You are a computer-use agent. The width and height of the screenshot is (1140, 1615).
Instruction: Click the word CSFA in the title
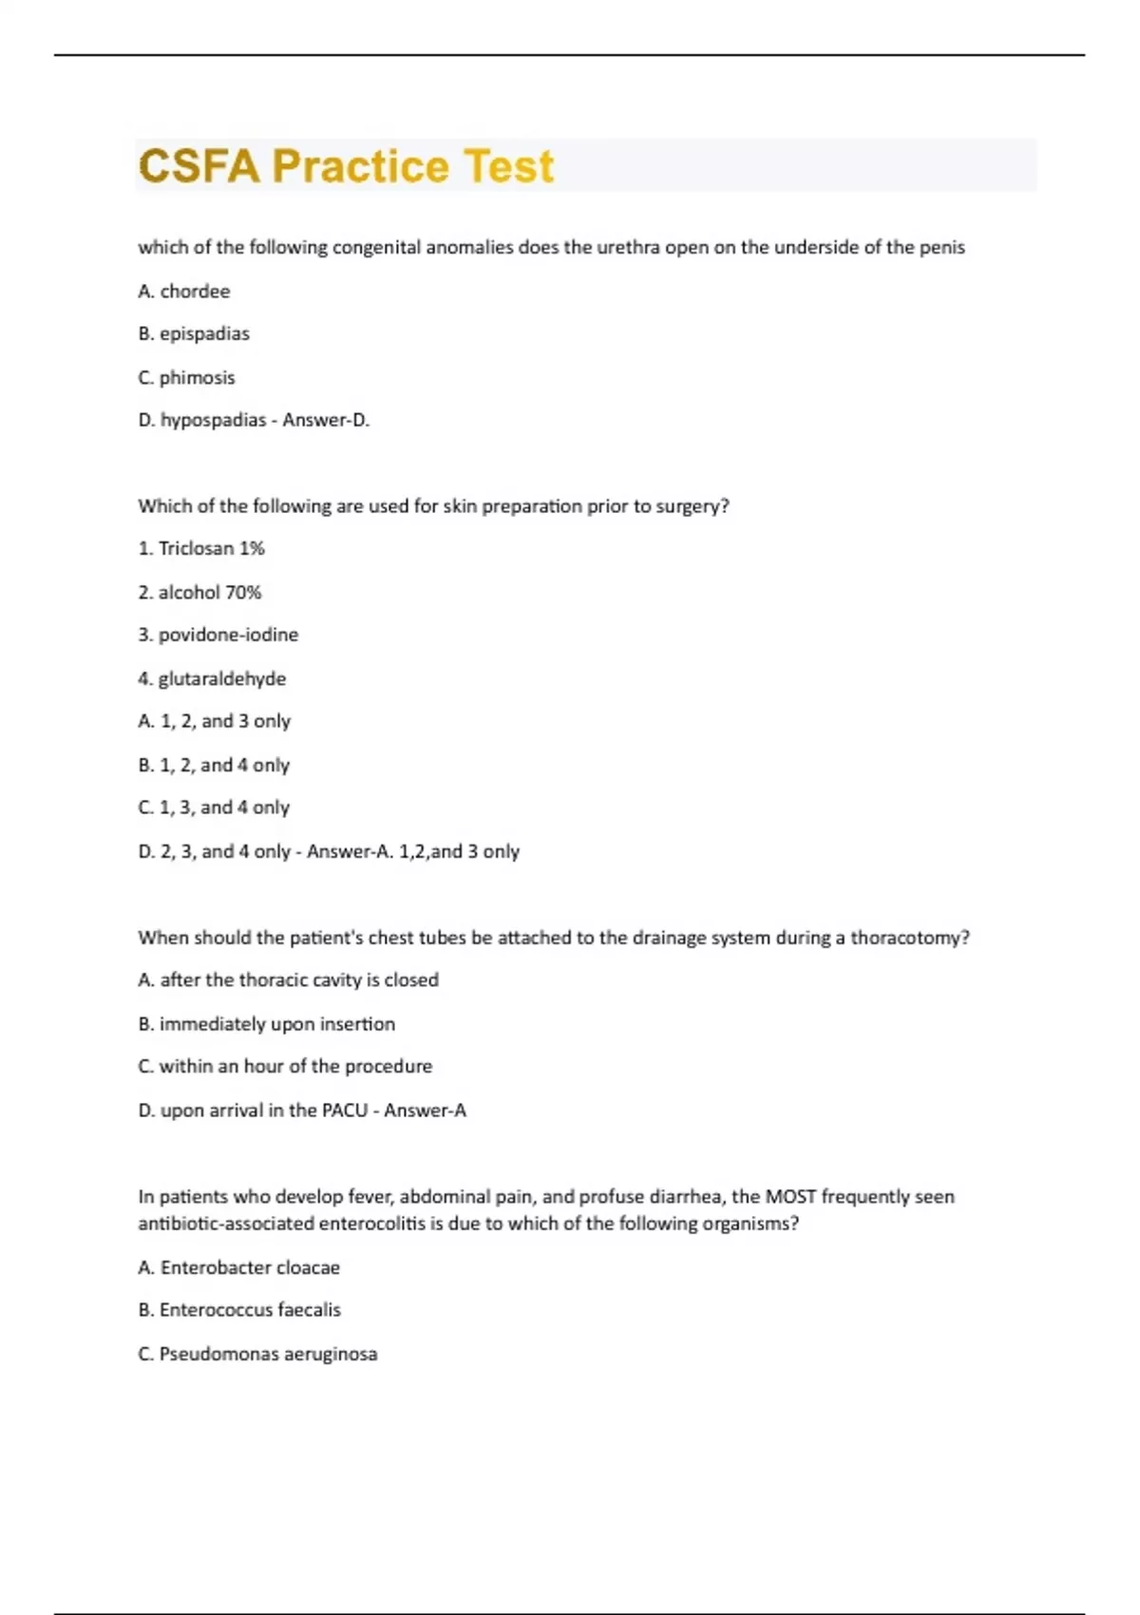coord(199,166)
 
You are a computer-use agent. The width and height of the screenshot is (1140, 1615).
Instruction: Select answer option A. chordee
coord(184,292)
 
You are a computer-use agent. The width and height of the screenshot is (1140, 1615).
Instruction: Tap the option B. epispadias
coord(194,334)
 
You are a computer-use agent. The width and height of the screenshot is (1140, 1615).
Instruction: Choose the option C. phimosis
coord(186,378)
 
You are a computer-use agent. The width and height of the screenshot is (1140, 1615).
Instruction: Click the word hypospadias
coord(213,421)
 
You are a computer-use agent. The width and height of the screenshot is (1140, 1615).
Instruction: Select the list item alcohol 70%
coord(199,593)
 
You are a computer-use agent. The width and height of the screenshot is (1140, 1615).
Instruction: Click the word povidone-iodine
coord(228,636)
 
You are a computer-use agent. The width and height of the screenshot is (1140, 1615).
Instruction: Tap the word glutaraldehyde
coord(221,679)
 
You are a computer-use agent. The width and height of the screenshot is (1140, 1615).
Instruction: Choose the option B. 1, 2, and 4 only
coord(214,766)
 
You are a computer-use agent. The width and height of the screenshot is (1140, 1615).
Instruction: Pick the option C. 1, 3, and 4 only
coord(214,808)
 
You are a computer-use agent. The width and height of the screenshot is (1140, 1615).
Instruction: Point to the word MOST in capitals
coord(790,1197)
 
